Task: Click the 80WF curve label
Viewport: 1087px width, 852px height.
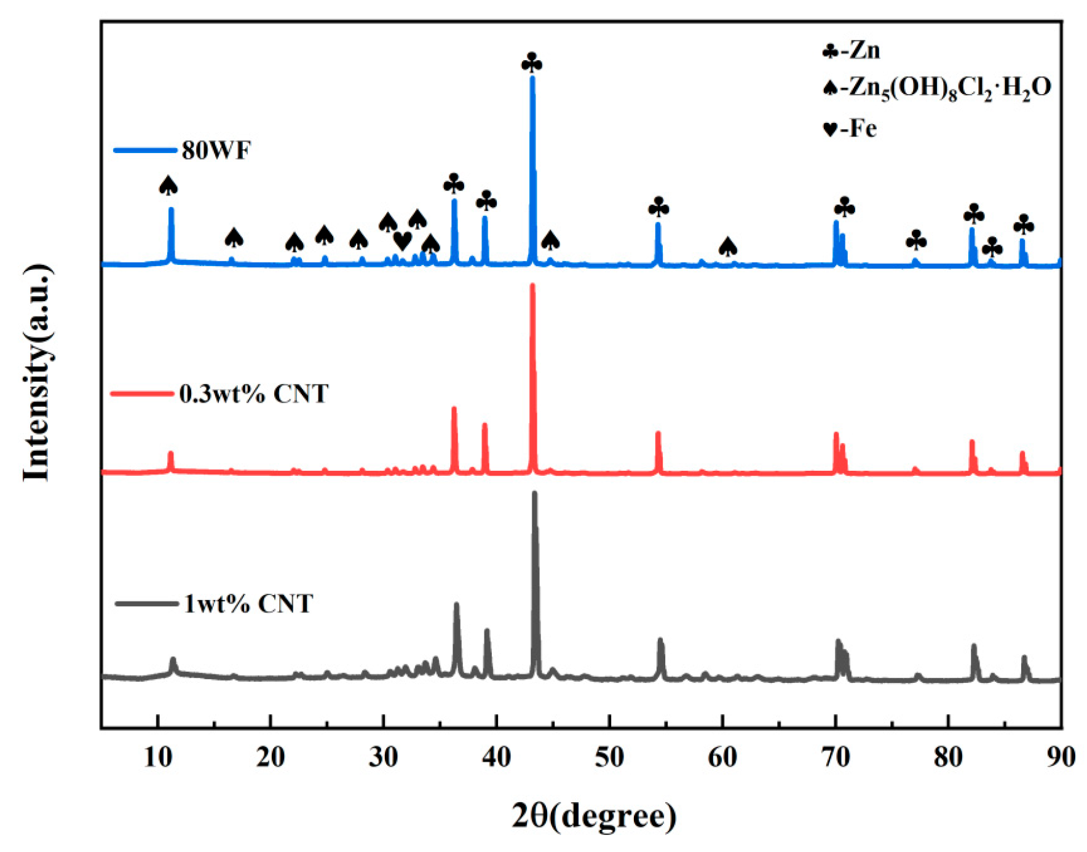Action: (x=216, y=150)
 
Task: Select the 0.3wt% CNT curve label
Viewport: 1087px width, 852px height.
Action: (x=253, y=393)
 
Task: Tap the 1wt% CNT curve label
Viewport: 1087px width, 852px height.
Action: (x=248, y=604)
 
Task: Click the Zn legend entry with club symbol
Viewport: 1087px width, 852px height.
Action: (x=852, y=50)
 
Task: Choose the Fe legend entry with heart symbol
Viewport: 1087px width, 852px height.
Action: (x=850, y=129)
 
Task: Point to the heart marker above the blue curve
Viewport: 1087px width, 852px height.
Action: (x=402, y=240)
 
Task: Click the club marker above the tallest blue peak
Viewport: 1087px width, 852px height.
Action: (x=532, y=63)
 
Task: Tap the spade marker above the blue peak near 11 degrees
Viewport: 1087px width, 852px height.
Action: (x=168, y=186)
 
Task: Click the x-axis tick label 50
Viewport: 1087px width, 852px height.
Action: (x=609, y=757)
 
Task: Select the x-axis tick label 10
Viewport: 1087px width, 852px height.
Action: (x=158, y=757)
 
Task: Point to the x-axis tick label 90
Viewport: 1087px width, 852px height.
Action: (x=1061, y=757)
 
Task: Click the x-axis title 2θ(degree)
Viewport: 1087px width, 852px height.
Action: (x=594, y=816)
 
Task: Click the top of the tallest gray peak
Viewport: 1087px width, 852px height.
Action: (x=535, y=493)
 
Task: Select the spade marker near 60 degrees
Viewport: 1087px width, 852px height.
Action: (x=728, y=247)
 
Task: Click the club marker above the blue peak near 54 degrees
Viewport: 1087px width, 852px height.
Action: (x=658, y=208)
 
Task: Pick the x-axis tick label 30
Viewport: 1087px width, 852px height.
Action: (x=384, y=757)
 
